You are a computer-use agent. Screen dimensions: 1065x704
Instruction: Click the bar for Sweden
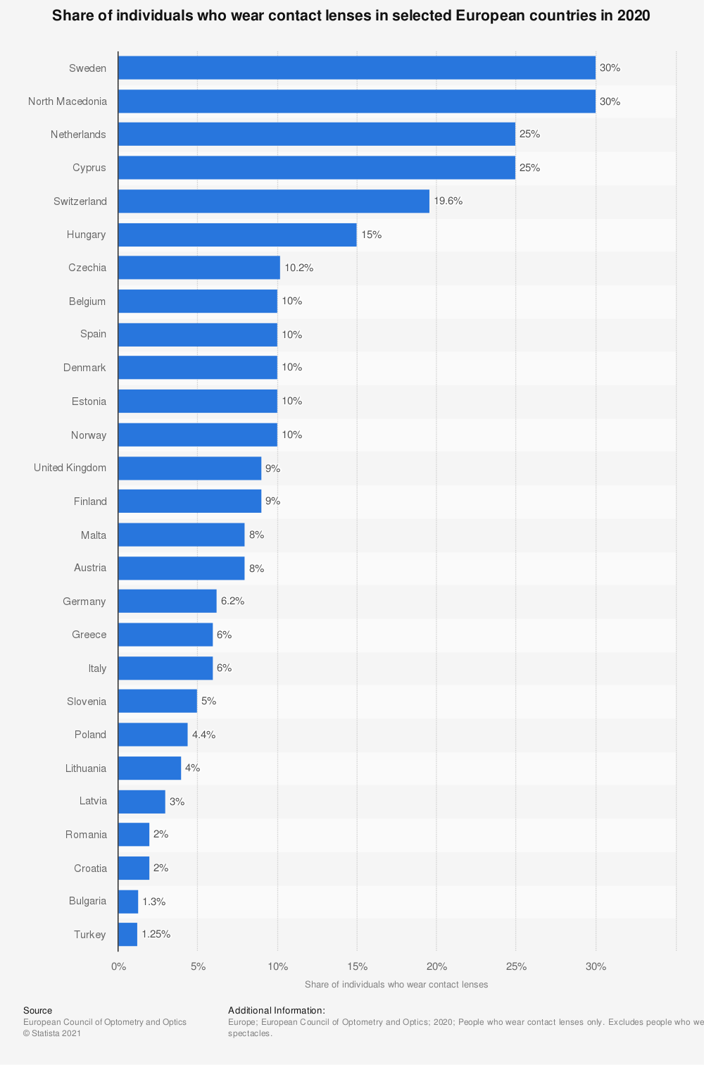coord(356,68)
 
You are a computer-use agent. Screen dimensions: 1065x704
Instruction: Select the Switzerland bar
coord(273,201)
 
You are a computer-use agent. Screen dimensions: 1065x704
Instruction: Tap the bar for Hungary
coord(237,235)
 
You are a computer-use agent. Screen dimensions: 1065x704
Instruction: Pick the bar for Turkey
coord(127,935)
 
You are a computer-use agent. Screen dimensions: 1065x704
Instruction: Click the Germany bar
coord(167,602)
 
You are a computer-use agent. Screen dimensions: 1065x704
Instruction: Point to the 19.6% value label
coord(448,201)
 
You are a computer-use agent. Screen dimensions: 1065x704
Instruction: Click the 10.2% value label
coord(299,268)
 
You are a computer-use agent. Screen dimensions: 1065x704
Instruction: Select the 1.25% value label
coord(156,935)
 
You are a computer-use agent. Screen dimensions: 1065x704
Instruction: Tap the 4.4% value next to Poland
coord(204,735)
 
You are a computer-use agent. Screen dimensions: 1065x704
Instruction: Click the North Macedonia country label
coord(68,101)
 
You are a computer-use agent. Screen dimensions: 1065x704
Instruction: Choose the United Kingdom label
coord(70,468)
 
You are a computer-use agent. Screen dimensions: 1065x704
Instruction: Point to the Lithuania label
coord(86,768)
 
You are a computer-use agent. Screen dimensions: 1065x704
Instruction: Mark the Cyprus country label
coord(89,168)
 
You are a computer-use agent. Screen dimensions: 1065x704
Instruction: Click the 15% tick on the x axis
coord(357,966)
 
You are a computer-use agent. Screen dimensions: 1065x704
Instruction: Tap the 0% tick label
coord(118,966)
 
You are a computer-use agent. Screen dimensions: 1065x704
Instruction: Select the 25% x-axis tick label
coord(516,966)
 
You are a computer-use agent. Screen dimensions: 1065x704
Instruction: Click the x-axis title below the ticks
coord(396,985)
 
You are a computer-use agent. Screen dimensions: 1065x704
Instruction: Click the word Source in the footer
coord(37,1011)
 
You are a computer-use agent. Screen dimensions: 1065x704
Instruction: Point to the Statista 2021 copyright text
coord(52,1033)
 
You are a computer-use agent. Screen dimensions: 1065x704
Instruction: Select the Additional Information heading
coord(277,1011)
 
